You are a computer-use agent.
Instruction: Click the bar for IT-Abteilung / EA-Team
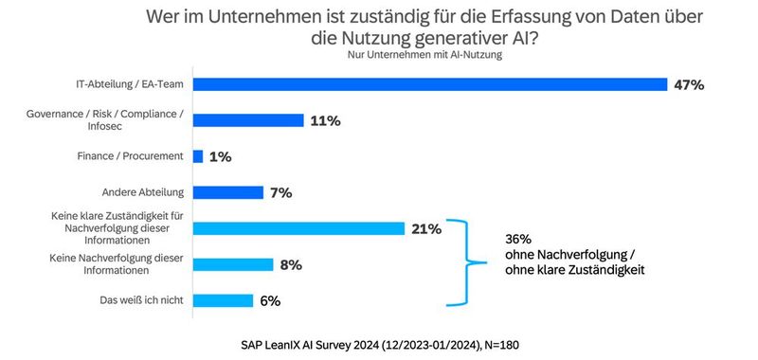coord(430,84)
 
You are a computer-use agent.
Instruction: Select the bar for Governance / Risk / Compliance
coord(248,120)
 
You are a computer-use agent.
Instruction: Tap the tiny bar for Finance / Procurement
coord(198,156)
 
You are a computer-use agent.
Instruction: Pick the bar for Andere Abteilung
coord(228,192)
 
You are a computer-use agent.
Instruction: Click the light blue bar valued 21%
coord(298,228)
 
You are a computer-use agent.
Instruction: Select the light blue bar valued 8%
coord(233,264)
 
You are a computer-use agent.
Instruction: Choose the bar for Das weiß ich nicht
coord(224,300)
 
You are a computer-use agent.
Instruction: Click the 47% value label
coord(688,85)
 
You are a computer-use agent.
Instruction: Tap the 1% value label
coord(221,157)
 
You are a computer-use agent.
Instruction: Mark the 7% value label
coord(280,193)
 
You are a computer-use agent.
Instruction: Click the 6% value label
coord(270,301)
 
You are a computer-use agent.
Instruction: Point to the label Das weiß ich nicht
coord(142,300)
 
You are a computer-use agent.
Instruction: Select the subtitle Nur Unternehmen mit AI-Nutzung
coord(419,55)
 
